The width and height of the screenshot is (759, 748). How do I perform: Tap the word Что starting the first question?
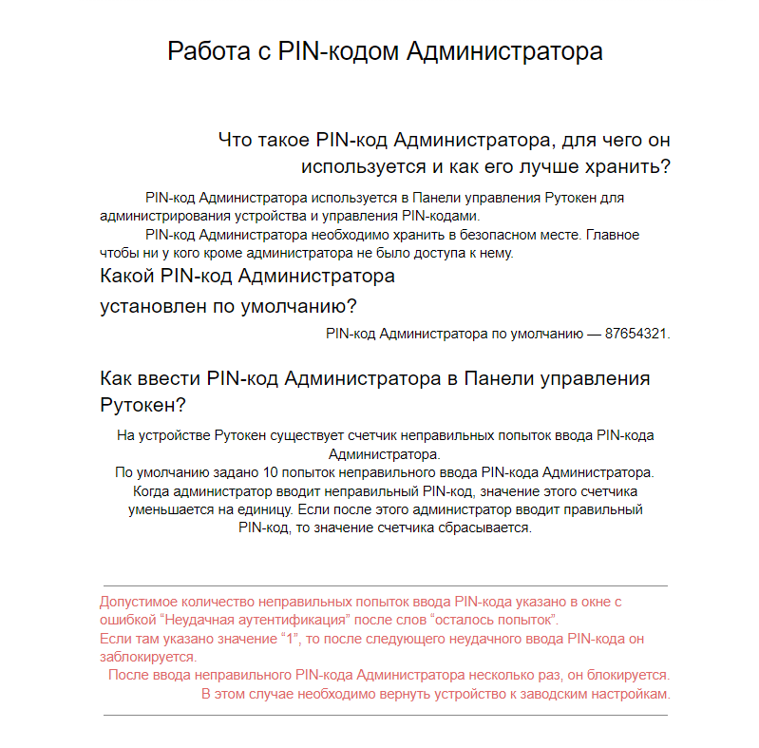pos(236,141)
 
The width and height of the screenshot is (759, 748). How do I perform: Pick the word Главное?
pos(613,234)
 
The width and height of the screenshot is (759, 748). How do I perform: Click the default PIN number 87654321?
pos(636,334)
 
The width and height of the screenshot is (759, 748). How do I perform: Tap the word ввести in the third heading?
pos(167,378)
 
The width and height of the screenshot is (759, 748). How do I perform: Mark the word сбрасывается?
pos(483,527)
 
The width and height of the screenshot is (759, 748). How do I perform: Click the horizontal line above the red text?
pos(385,586)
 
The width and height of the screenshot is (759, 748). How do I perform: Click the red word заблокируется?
pos(147,657)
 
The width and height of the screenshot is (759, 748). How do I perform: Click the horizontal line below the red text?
pos(385,715)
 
